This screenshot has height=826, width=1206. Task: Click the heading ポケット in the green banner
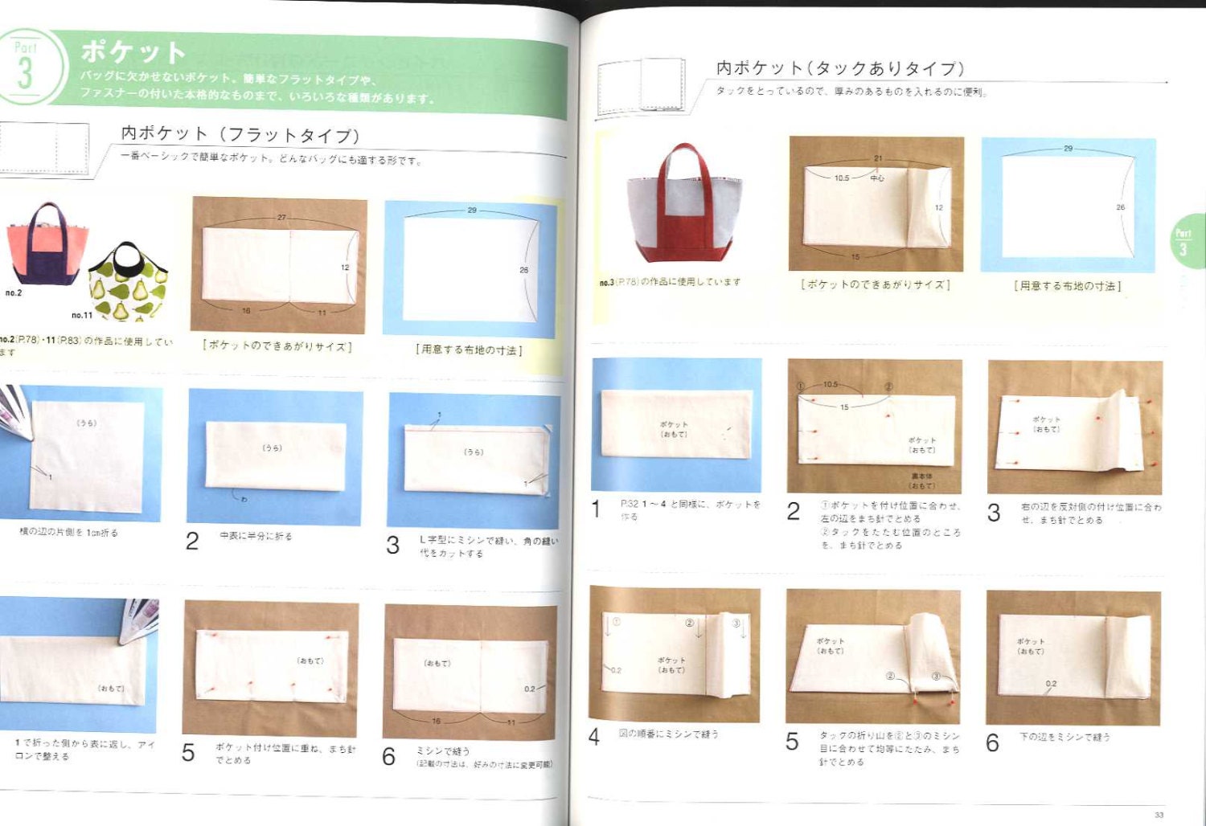133,51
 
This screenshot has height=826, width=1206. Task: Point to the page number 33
1159,815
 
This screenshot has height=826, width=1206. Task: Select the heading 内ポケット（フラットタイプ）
240,134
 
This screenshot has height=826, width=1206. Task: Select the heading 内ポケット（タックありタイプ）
839,68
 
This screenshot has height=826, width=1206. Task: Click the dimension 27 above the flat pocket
281,217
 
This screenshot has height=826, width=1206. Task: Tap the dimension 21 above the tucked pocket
878,158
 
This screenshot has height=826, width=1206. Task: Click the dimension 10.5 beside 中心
842,178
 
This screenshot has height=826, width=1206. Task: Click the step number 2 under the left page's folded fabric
192,542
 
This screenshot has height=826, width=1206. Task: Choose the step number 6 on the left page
389,756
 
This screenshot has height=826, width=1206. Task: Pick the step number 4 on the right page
594,737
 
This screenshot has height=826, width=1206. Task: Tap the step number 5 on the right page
792,742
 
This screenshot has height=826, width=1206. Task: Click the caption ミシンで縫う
443,750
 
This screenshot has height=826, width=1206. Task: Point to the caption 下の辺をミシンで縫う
1064,736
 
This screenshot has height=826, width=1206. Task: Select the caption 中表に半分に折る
256,536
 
